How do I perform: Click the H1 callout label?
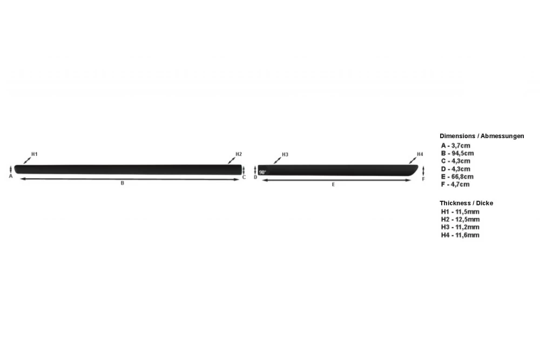point(35,154)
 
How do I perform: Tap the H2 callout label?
point(239,154)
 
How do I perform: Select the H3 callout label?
point(285,154)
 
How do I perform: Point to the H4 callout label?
point(420,154)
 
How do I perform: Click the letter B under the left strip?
point(122,183)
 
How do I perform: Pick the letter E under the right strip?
point(333,185)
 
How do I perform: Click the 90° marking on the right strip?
point(262,172)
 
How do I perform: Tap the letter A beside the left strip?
point(11,176)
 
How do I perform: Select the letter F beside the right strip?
point(423,179)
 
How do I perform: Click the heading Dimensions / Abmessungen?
point(482,136)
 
